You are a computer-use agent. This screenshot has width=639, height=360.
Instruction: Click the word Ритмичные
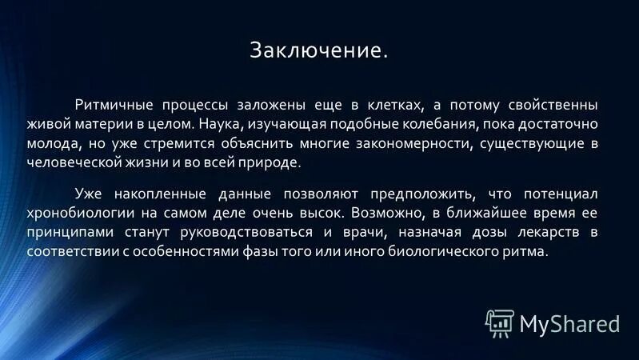tap(107, 106)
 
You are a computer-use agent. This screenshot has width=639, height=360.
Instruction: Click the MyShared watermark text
tap(569, 322)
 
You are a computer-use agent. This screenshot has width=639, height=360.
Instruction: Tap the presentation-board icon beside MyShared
tap(499, 321)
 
